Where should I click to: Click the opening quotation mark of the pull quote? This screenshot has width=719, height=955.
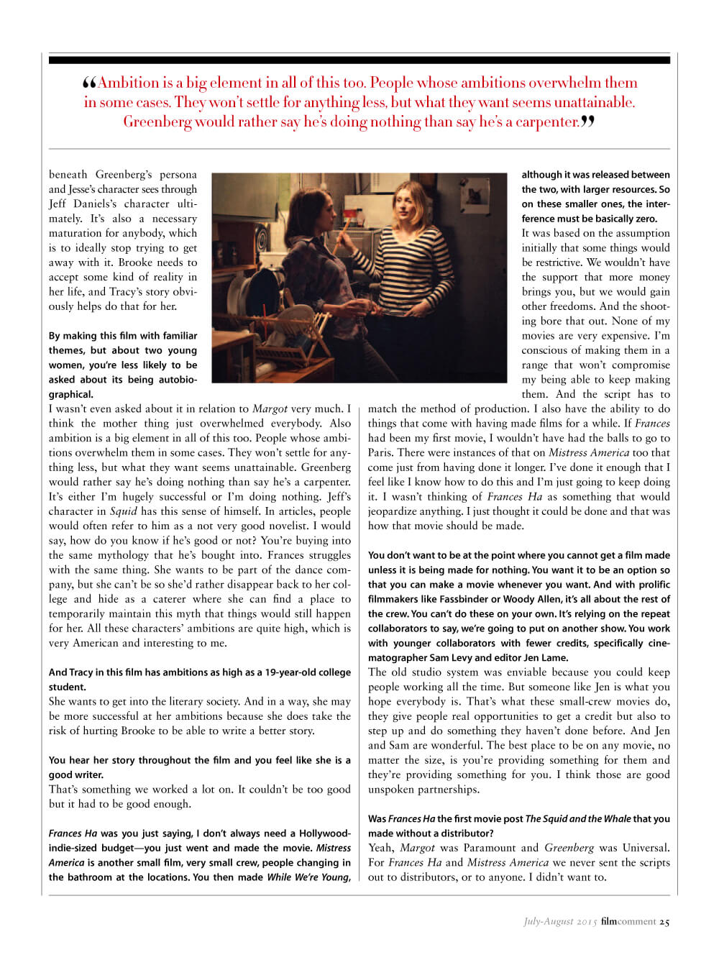click(90, 83)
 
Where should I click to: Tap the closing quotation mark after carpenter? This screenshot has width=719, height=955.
click(587, 122)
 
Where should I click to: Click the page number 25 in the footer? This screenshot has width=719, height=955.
click(664, 922)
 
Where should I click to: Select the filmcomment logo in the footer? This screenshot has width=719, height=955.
click(628, 922)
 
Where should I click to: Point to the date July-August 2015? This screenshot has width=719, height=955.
click(560, 922)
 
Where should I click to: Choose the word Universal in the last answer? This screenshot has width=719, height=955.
click(644, 848)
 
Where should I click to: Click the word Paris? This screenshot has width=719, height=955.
click(381, 452)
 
